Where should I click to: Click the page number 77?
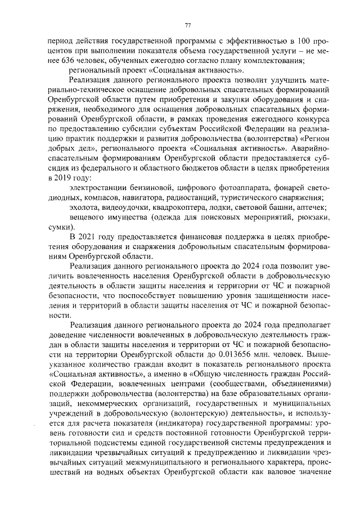tap(188, 24)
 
